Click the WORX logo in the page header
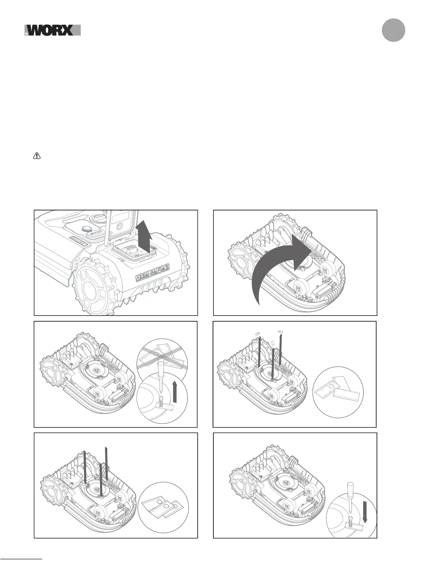click(53, 30)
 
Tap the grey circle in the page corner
click(394, 30)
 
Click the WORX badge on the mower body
click(78, 240)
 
